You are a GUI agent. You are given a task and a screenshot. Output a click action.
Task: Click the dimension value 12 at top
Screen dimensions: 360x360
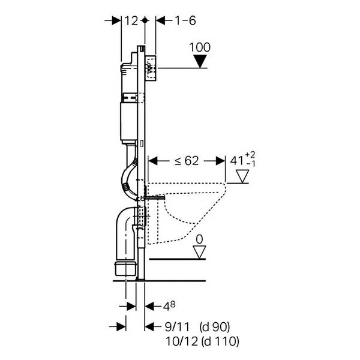[x=131, y=20]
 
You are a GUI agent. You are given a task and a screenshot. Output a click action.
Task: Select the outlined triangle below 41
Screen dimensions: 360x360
[x=243, y=176]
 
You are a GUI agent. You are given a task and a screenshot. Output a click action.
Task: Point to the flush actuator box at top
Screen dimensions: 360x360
[x=152, y=67]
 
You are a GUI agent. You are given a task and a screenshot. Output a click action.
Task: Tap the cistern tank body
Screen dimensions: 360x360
[x=130, y=120]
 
